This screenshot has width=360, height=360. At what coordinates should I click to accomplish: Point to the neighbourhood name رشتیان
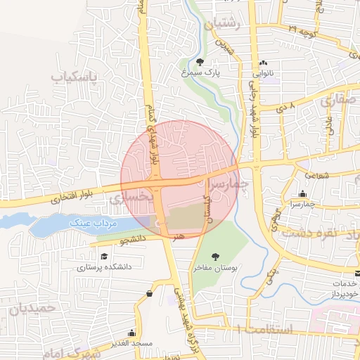[223, 24]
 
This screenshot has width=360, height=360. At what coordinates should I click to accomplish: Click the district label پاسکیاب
[75, 74]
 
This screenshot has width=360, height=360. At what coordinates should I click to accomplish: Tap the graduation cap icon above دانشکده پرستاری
[104, 257]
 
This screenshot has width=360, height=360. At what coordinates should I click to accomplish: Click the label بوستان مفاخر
[217, 267]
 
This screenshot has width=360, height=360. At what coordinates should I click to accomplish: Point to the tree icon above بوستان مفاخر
[215, 257]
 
